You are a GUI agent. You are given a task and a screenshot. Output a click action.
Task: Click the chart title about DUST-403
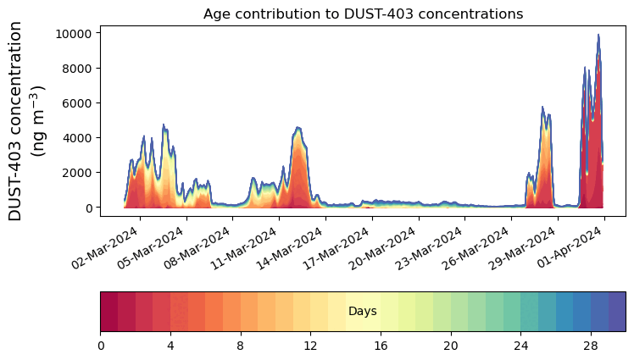[363, 14]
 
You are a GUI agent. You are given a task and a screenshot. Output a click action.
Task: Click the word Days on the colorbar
[363, 312]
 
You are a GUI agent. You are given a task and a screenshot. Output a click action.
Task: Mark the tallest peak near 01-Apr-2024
[598, 35]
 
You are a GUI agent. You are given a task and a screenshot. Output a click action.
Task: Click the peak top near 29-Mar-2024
[542, 108]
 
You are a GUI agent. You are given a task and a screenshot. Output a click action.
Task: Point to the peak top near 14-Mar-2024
[298, 128]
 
